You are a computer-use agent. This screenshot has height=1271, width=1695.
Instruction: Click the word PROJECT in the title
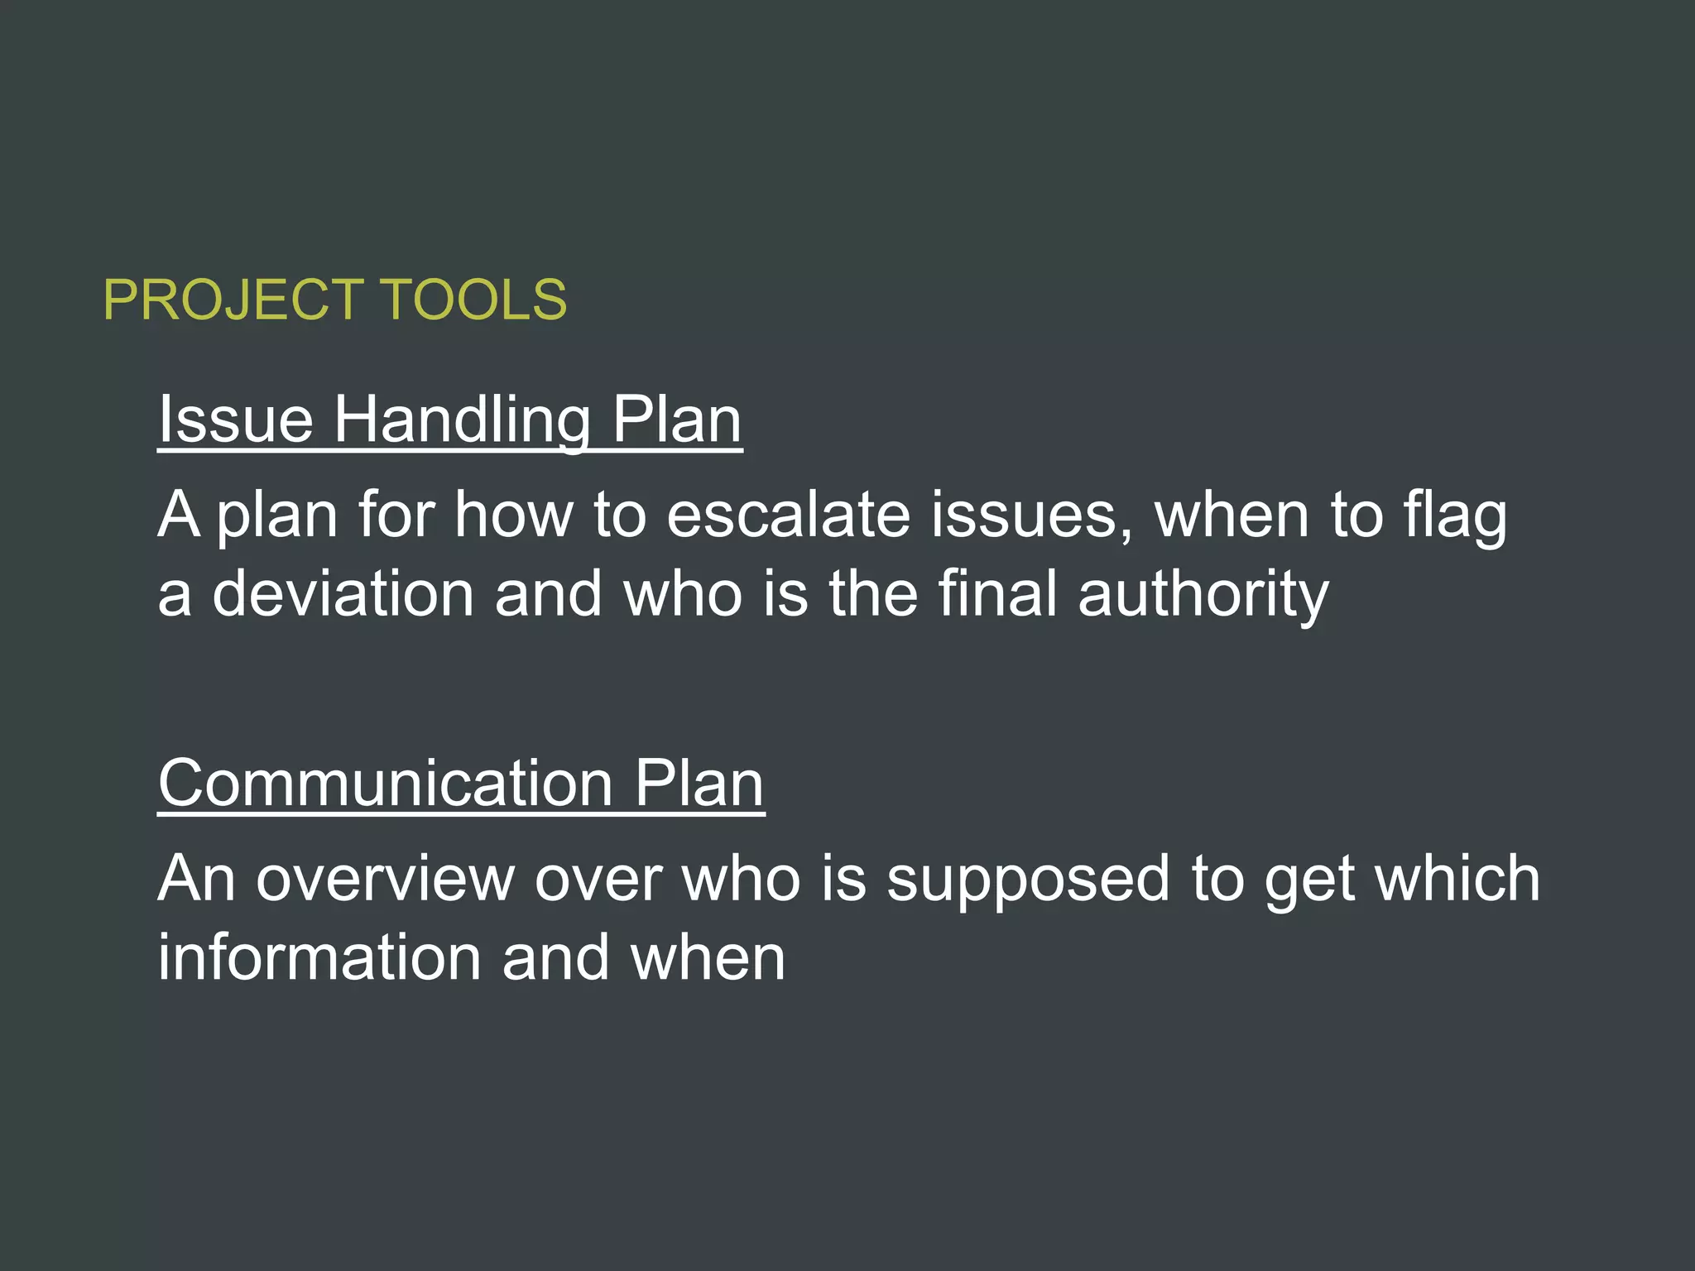(233, 300)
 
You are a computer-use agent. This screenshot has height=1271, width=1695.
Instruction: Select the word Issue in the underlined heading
(236, 420)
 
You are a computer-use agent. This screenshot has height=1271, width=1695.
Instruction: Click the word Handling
(462, 420)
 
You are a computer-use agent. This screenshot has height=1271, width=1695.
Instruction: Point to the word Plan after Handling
(676, 420)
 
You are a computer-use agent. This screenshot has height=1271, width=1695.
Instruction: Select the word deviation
(343, 593)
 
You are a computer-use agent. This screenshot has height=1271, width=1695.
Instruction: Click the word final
(997, 593)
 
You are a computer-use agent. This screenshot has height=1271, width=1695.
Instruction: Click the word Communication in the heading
(386, 783)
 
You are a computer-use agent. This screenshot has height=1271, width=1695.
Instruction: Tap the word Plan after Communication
(699, 783)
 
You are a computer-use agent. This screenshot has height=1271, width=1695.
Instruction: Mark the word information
(319, 957)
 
